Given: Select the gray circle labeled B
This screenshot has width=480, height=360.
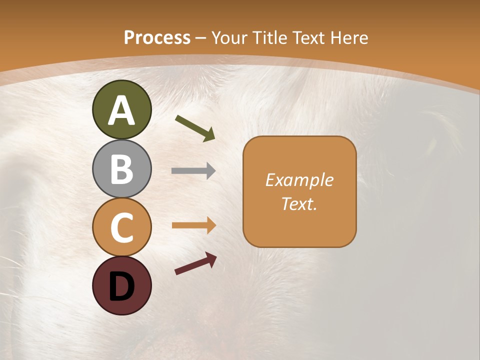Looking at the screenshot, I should [x=121, y=168].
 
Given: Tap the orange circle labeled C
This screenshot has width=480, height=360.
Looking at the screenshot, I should [x=121, y=227].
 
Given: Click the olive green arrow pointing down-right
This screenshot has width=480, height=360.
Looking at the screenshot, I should [x=195, y=127].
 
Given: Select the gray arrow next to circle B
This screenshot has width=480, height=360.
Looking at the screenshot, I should [x=193, y=171].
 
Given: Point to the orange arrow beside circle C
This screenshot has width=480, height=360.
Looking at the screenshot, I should [x=193, y=225].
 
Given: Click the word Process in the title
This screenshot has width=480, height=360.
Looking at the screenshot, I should [x=157, y=37].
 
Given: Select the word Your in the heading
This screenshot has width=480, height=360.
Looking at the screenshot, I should [x=229, y=37].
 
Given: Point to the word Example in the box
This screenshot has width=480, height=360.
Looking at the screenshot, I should [x=299, y=180].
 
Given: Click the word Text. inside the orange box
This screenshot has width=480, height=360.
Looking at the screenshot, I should [x=299, y=203].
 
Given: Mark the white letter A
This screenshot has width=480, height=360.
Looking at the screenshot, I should [x=121, y=110].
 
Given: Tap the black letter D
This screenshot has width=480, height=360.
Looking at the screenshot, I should [x=121, y=286].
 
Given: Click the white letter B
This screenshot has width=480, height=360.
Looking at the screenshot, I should [x=121, y=168].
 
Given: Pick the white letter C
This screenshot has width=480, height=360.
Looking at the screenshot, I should [x=121, y=227].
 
